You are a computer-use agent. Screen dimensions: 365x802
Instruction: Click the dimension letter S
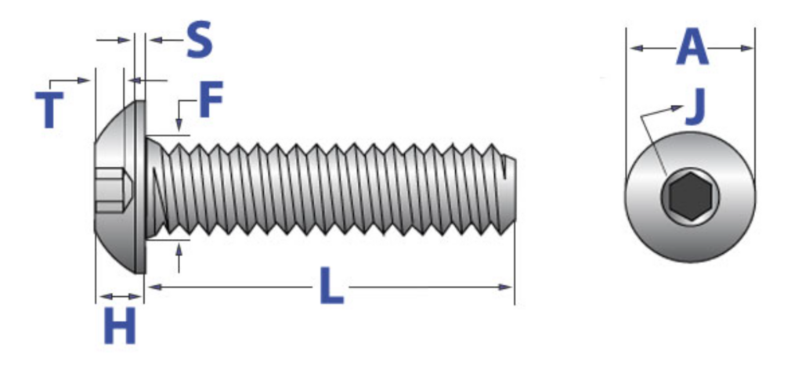pyautogui.click(x=199, y=40)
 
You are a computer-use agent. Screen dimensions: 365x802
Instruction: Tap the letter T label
pyautogui.click(x=49, y=110)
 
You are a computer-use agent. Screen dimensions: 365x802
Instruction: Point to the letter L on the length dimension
pyautogui.click(x=331, y=287)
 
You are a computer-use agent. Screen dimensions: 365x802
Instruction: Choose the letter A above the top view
pyautogui.click(x=692, y=48)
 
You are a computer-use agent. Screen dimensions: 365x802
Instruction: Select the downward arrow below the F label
pyautogui.click(x=179, y=125)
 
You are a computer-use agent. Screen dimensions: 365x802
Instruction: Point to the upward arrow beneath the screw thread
pyautogui.click(x=180, y=250)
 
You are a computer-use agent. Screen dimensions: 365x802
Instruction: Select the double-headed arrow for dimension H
pyautogui.click(x=119, y=296)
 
